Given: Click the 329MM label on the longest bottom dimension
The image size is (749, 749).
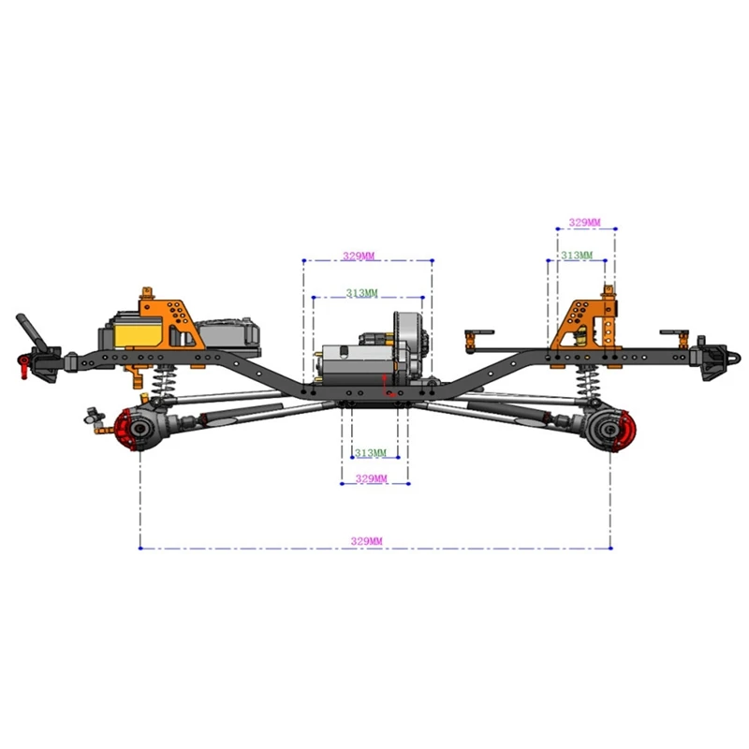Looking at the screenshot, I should pyautogui.click(x=366, y=541).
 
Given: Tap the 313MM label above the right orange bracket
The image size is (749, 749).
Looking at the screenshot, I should pyautogui.click(x=576, y=255).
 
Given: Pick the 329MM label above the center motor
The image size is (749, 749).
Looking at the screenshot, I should pyautogui.click(x=360, y=255).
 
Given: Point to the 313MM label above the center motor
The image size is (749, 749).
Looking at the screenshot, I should pyautogui.click(x=361, y=293).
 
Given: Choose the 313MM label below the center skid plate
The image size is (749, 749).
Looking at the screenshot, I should pyautogui.click(x=370, y=453).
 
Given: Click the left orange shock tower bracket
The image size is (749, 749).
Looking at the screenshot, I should pyautogui.click(x=169, y=318).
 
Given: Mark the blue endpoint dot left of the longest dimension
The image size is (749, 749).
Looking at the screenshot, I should pyautogui.click(x=140, y=548).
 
